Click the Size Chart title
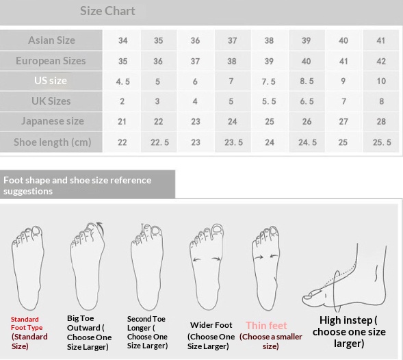pyautogui.click(x=107, y=11)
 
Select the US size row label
pyautogui.click(x=51, y=81)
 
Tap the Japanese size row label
pyautogui.click(x=53, y=121)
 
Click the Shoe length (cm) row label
pyautogui.click(x=53, y=142)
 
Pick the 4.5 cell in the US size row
pyautogui.click(x=123, y=81)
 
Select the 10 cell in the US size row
pyautogui.click(x=381, y=81)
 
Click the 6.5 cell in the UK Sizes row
pyautogui.click(x=307, y=101)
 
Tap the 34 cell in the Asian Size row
pyautogui.click(x=123, y=40)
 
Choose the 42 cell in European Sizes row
pyautogui.click(x=381, y=61)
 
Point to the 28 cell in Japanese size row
pyautogui.click(x=381, y=121)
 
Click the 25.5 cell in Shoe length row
pyautogui.click(x=382, y=142)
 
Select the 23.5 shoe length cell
pyautogui.click(x=233, y=142)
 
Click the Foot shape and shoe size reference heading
pyautogui.click(x=77, y=185)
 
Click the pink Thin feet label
pyautogui.click(x=266, y=326)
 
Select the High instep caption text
pyautogui.click(x=349, y=332)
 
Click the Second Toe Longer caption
pyautogui.click(x=147, y=332)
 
